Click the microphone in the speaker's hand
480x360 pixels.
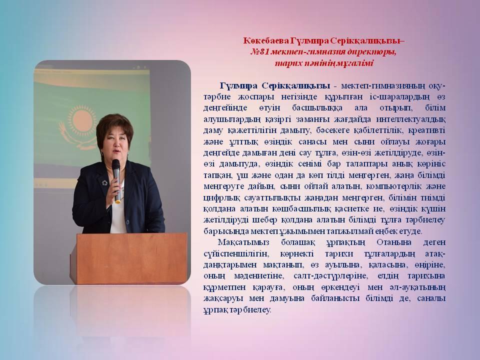click(116, 180)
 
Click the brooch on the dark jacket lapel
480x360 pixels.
click(104, 183)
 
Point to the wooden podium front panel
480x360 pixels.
click(131, 258)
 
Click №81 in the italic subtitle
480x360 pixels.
click(259, 52)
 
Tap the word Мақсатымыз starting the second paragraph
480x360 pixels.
click(243, 242)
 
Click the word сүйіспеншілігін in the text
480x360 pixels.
click(236, 254)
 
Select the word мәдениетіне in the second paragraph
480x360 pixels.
click(258, 276)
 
